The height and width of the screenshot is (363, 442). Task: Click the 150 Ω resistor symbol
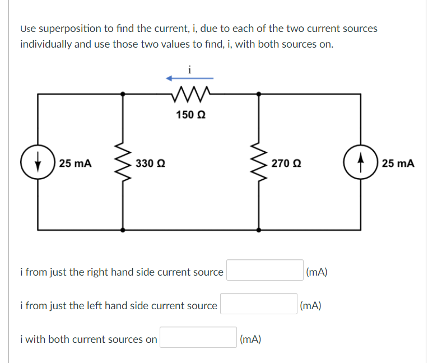pyautogui.click(x=190, y=94)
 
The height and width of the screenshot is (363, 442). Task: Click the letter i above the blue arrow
pyautogui.click(x=190, y=69)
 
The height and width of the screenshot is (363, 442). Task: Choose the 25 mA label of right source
pyautogui.click(x=398, y=164)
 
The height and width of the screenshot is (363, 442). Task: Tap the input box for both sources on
pyautogui.click(x=198, y=337)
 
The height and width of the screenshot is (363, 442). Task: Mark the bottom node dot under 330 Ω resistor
pyautogui.click(x=123, y=229)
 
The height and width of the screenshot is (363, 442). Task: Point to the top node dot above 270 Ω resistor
pyautogui.click(x=258, y=95)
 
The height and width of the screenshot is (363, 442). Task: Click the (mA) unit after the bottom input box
pyautogui.click(x=250, y=339)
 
